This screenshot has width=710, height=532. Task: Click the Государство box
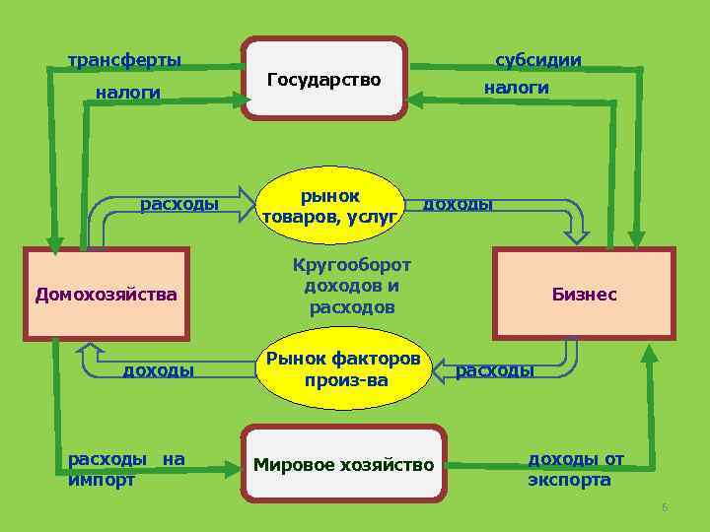pyautogui.click(x=324, y=79)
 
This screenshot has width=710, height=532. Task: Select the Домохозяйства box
pyautogui.click(x=106, y=294)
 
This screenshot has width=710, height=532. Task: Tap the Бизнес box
pyautogui.click(x=584, y=294)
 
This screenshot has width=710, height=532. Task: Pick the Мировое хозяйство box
pyautogui.click(x=343, y=463)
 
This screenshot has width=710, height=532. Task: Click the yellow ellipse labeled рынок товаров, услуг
pyautogui.click(x=329, y=206)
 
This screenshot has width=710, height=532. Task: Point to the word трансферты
pyautogui.click(x=124, y=60)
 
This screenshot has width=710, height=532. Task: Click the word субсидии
pyautogui.click(x=538, y=60)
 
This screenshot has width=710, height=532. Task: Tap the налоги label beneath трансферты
pyautogui.click(x=127, y=93)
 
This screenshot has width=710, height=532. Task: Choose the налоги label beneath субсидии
pyautogui.click(x=515, y=88)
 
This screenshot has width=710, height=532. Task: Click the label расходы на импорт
pyautogui.click(x=126, y=469)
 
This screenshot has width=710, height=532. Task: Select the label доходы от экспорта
pyautogui.click(x=576, y=469)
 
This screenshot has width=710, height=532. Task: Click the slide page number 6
pyautogui.click(x=665, y=507)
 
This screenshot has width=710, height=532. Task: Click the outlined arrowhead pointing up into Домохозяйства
pyautogui.click(x=92, y=349)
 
